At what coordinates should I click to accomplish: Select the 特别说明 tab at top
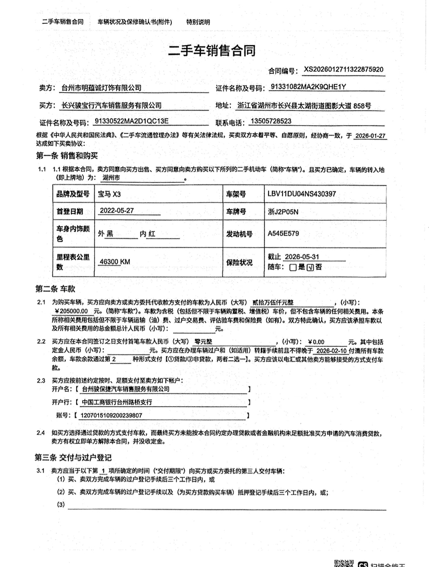tap(198, 22)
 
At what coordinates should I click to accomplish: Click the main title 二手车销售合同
tap(212, 51)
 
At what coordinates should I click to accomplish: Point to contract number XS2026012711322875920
tap(344, 69)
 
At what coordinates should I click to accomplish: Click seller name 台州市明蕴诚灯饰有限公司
tap(101, 88)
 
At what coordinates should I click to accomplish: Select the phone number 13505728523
tap(270, 122)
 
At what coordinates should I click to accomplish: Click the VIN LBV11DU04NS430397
tap(302, 194)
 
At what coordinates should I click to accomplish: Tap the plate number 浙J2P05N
tap(282, 212)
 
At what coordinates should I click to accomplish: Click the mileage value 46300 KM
tap(115, 263)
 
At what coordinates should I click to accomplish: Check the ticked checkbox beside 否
tap(310, 267)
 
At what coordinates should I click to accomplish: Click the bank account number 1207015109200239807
tap(112, 415)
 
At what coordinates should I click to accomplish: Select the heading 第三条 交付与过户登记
tap(73, 457)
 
